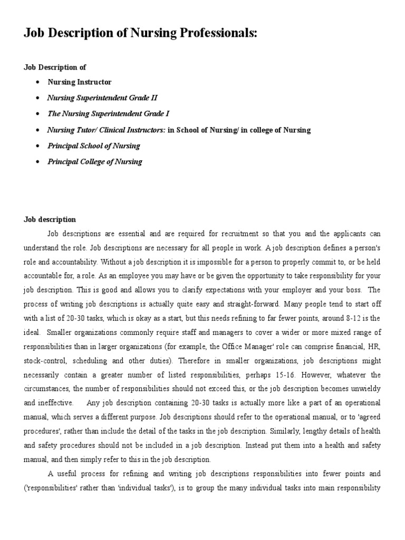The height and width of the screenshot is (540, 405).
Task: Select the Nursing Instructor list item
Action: pyautogui.click(x=80, y=82)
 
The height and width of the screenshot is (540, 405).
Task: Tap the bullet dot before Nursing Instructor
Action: pyautogui.click(x=37, y=82)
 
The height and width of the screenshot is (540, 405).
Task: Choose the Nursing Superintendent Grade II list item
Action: pyautogui.click(x=102, y=98)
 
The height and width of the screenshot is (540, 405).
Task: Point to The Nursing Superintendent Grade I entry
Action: pyautogui.click(x=109, y=113)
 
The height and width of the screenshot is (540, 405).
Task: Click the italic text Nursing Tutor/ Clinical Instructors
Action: pyautogui.click(x=107, y=130)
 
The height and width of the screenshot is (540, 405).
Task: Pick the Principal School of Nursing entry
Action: pyautogui.click(x=94, y=146)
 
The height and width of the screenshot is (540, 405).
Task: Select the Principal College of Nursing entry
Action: pyautogui.click(x=95, y=161)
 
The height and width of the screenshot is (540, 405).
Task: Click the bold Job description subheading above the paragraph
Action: pyautogui.click(x=50, y=219)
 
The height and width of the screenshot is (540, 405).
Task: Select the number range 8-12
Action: pyautogui.click(x=354, y=319)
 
